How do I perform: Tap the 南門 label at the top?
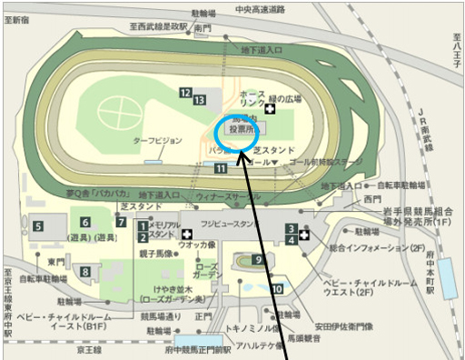coord(203,29)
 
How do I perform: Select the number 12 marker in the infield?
coord(185,93)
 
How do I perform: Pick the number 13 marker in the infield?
coord(199,99)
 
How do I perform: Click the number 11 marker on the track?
coord(221,167)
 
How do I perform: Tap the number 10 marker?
coord(275,289)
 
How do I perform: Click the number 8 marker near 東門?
coord(85,271)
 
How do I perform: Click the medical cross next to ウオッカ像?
coord(187,234)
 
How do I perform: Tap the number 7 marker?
coord(121,222)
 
